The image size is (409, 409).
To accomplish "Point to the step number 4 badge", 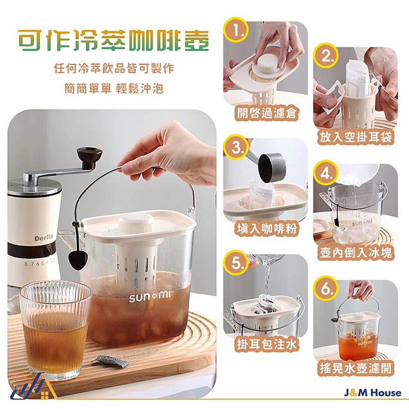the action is coord(326,173).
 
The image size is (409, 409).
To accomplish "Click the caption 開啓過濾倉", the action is coord(266,113).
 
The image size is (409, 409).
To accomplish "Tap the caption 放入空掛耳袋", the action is coord(356,137).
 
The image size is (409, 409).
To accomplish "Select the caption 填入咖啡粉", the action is coord(266,229).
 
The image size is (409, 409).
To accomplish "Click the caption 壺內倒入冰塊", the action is coord(356,252).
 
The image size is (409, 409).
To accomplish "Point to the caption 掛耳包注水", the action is coord(266,344).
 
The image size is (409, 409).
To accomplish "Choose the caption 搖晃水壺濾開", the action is coord(356,368).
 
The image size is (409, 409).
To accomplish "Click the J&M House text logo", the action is coord(373,393).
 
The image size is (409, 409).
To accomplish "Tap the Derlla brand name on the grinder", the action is coord(44,237).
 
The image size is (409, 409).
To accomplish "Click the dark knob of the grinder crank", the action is coord(89,157).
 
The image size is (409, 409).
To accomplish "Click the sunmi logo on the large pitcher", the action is coord(150,296).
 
